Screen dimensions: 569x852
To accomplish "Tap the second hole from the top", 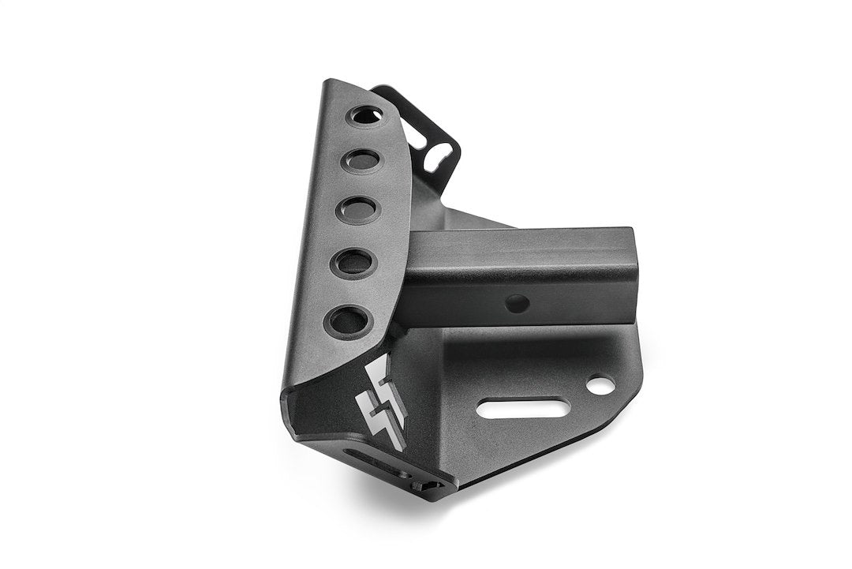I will click(360, 162).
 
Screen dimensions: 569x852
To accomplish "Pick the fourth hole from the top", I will click(351, 264).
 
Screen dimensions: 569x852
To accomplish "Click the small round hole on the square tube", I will click(516, 302).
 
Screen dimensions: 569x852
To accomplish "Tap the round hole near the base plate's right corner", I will click(600, 384).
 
